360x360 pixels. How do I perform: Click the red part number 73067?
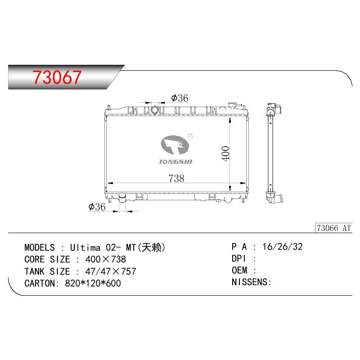[x=57, y=77]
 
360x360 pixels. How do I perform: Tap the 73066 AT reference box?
[x=333, y=228]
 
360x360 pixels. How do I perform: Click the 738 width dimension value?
[x=176, y=178]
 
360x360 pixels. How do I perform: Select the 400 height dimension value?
[x=225, y=153]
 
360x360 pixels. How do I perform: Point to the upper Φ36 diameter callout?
[x=180, y=98]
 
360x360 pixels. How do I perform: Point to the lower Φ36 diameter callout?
[x=97, y=207]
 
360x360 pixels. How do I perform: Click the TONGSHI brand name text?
[x=175, y=162]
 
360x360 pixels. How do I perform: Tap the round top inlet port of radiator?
[x=155, y=110]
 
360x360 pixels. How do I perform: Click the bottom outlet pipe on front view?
[x=122, y=198]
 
